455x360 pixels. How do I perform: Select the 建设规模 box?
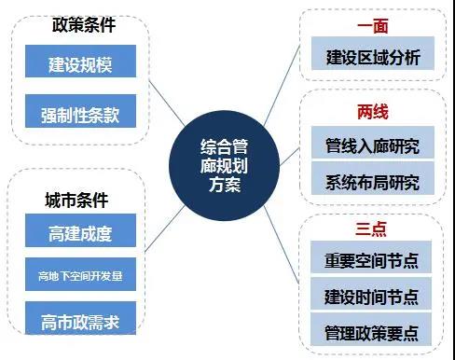(x=81, y=66)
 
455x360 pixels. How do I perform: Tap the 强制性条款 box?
(x=81, y=115)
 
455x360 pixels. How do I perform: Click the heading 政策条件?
(x=81, y=25)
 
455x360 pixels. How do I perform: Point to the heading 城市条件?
(x=76, y=200)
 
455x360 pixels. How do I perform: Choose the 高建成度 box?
(x=81, y=229)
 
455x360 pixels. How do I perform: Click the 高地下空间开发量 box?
(x=81, y=276)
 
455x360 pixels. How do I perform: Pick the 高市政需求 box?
(x=81, y=322)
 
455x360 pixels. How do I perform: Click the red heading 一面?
(x=372, y=25)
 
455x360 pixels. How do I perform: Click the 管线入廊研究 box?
(x=373, y=146)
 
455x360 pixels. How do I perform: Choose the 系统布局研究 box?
(x=373, y=181)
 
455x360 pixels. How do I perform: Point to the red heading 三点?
(x=372, y=229)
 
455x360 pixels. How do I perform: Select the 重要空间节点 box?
(x=373, y=262)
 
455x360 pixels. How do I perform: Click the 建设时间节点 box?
(x=373, y=297)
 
